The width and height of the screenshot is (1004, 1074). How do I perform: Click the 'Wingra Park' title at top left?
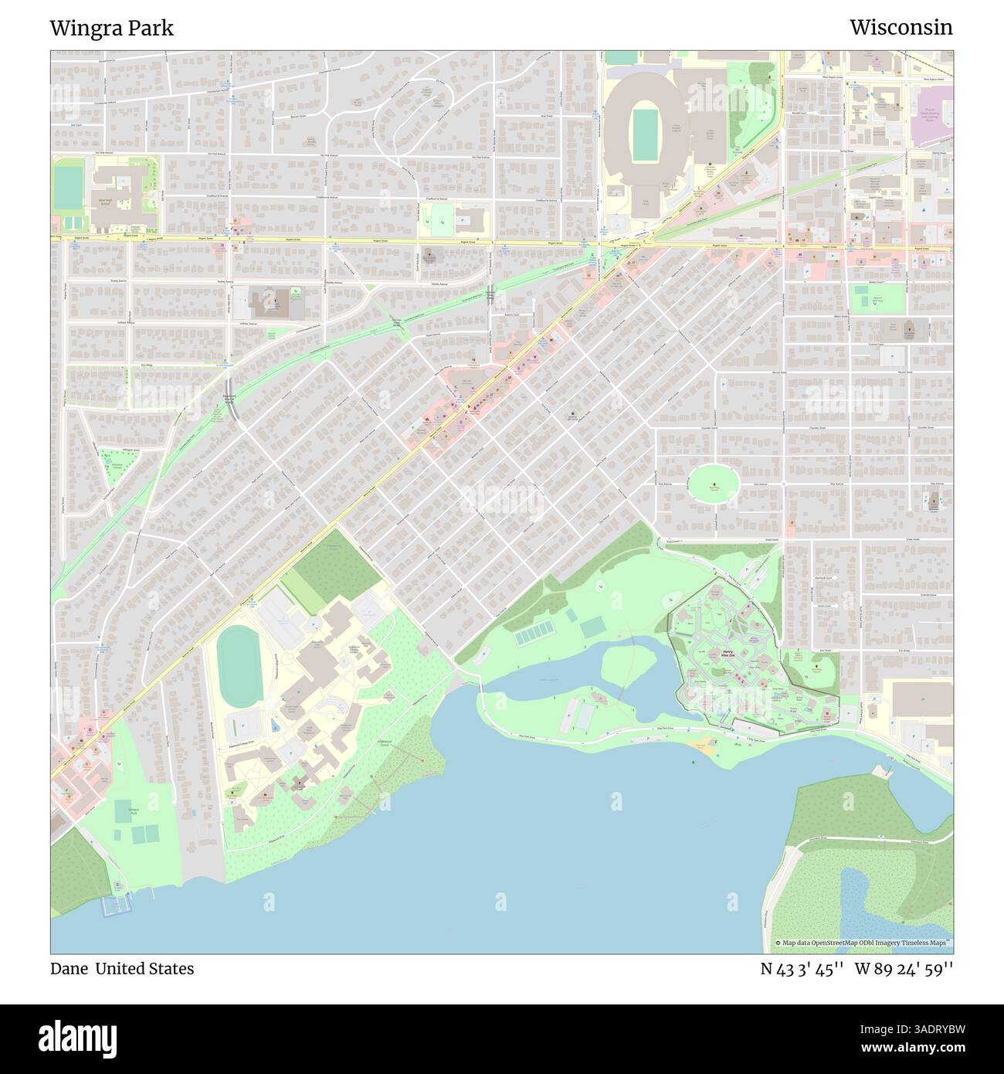click(x=112, y=28)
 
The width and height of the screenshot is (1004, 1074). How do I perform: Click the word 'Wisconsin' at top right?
click(x=901, y=28)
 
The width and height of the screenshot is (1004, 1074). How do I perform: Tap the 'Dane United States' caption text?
click(x=122, y=969)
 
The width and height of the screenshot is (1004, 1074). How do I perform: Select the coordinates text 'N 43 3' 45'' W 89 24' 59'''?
click(x=856, y=969)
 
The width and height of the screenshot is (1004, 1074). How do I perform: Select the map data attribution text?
click(x=863, y=943)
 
